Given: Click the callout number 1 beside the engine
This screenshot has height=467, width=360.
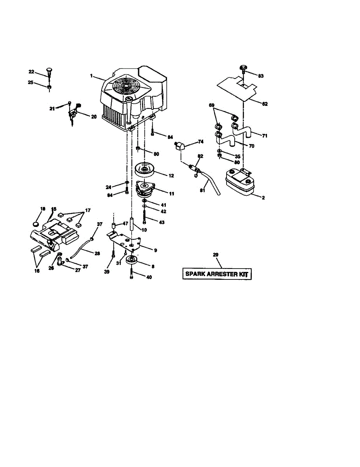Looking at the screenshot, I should [91, 76].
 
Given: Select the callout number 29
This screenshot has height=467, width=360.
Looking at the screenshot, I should [216, 255].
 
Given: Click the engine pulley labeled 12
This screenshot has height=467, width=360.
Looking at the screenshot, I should [145, 170].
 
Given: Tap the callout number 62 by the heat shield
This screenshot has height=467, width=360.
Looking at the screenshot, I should [265, 104].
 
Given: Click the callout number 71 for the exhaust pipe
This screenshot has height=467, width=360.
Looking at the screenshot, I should [265, 136].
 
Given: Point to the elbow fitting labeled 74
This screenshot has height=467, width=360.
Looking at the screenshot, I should [179, 146].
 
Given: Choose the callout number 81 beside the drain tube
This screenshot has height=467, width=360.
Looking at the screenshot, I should [202, 190].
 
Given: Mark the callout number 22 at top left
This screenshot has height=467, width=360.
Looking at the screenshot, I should [32, 72].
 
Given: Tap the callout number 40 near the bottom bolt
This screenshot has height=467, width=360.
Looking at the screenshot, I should [149, 277].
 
